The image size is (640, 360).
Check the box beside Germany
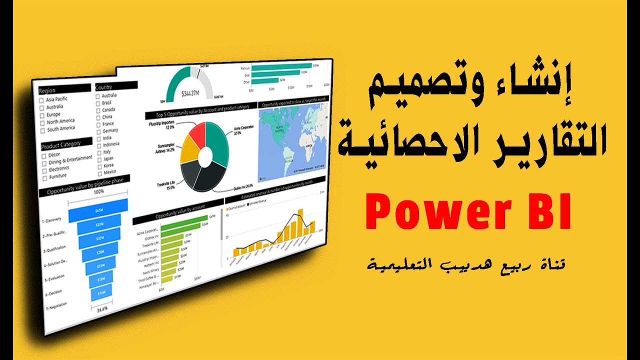[x=98, y=131]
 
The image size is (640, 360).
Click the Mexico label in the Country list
[x=109, y=171]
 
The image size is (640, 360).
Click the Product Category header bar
[x=66, y=143]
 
